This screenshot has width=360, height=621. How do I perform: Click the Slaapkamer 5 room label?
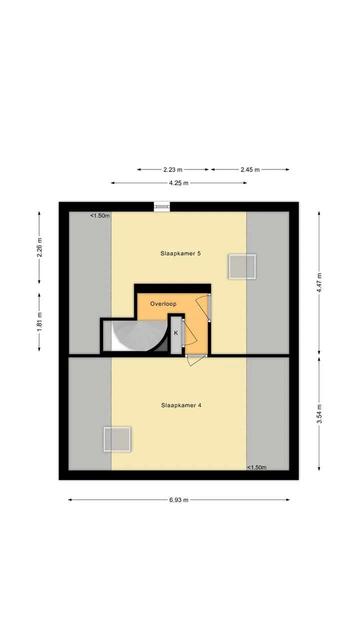[180, 253]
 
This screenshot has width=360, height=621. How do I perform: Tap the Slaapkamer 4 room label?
[181, 405]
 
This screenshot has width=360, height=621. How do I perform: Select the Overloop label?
[163, 304]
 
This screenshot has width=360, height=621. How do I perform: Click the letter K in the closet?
[175, 333]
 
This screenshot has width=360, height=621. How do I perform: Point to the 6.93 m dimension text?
[179, 500]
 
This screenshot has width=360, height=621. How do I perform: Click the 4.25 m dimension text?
[179, 183]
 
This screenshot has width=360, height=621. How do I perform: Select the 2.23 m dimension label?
[173, 169]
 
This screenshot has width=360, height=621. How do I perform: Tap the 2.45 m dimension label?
[250, 169]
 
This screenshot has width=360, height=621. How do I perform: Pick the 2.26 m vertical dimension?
[39, 247]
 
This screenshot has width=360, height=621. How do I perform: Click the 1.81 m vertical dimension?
[39, 321]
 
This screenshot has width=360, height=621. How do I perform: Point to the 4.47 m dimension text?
[319, 283]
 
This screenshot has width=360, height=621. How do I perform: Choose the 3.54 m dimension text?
[319, 413]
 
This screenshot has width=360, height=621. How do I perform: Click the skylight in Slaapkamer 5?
[242, 266]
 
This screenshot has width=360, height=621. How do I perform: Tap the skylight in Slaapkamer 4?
[117, 439]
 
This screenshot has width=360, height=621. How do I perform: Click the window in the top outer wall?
[162, 206]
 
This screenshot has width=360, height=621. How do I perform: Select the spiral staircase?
[140, 335]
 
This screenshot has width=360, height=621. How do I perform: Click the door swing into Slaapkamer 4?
[195, 360]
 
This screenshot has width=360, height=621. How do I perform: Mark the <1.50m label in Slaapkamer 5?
[100, 215]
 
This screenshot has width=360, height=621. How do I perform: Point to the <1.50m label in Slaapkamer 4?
[256, 467]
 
